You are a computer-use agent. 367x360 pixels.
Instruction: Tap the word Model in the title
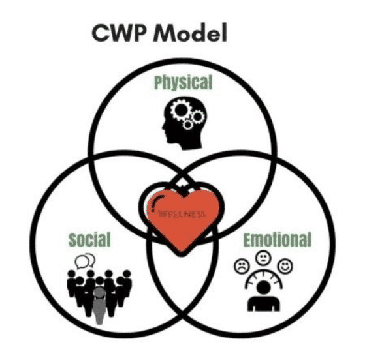click(x=190, y=32)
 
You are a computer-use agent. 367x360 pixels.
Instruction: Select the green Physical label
click(x=183, y=82)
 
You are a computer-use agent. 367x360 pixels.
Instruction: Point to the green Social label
click(x=89, y=239)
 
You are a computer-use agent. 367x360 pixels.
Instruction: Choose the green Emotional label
click(x=278, y=239)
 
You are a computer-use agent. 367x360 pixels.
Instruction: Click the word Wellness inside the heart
click(x=182, y=214)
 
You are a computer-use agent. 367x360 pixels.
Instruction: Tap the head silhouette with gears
click(x=184, y=123)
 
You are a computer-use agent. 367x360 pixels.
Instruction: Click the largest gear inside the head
click(x=181, y=110)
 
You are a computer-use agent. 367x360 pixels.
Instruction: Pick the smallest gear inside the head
click(x=187, y=125)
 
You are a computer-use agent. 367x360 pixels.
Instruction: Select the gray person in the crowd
click(x=99, y=305)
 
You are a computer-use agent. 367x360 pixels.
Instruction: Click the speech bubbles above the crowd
click(x=85, y=261)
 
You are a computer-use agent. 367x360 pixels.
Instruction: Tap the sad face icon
click(x=242, y=266)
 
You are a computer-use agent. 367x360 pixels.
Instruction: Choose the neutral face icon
click(x=263, y=258)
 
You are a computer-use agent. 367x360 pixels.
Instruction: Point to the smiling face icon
click(x=285, y=266)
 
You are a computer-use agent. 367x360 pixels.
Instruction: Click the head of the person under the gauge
click(x=264, y=288)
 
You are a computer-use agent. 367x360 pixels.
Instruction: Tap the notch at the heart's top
click(x=182, y=190)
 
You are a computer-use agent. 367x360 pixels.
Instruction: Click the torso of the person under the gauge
click(x=264, y=304)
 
